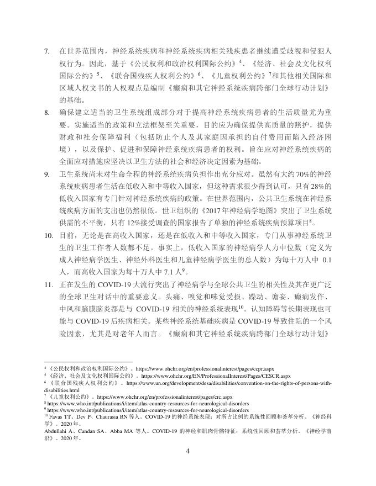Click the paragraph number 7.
47,51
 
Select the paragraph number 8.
47,113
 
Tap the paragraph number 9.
47,175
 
